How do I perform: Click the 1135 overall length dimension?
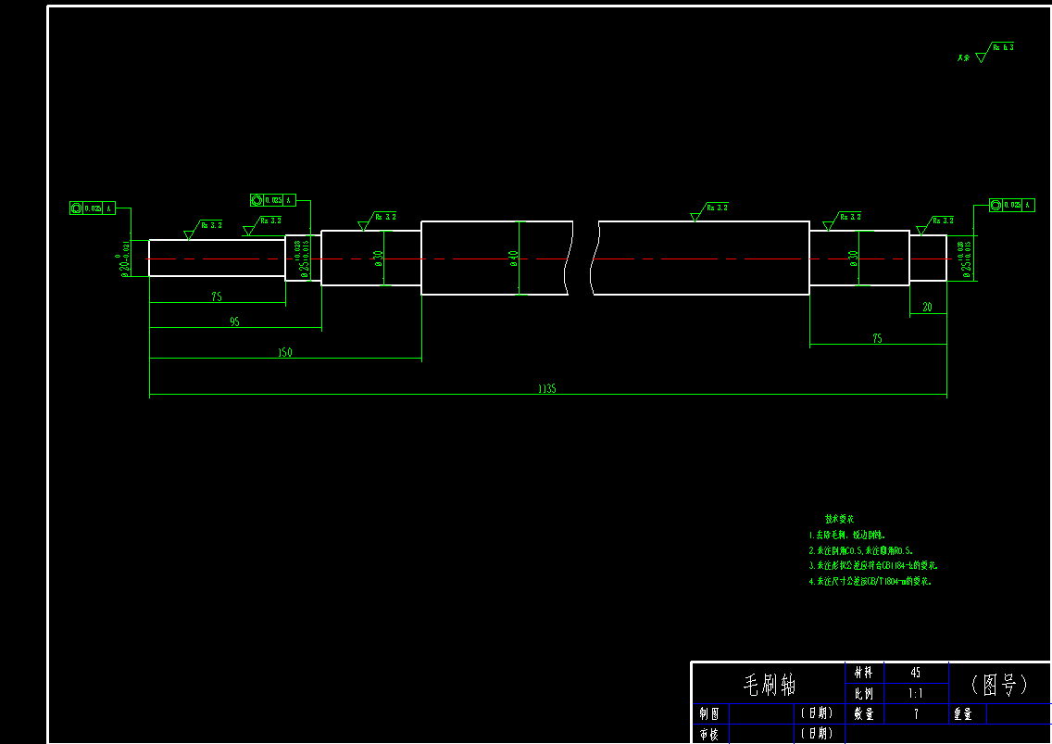coord(546,390)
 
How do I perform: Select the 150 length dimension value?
coord(285,353)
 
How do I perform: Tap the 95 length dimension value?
coord(234,322)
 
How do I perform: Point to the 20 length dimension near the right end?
coord(927,308)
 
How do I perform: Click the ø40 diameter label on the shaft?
coord(514,259)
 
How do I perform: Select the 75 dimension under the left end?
coord(217,297)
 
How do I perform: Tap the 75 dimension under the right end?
coord(877,339)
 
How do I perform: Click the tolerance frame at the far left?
coord(92,208)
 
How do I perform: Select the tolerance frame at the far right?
coord(1011,205)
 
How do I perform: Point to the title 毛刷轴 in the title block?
coord(770,685)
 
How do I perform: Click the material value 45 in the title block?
coord(916,673)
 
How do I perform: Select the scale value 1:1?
coord(916,693)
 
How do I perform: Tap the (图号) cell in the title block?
coord(1000,685)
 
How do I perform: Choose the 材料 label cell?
coord(864,673)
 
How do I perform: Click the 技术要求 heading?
coord(839,519)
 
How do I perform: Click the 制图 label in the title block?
coord(709,713)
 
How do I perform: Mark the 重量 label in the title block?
coord(963,713)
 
